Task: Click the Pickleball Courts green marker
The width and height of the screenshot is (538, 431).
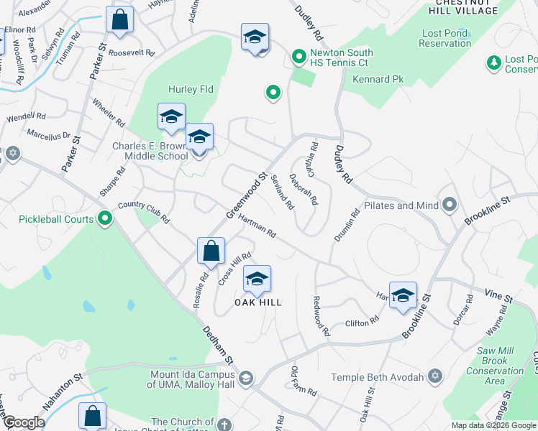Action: tap(106, 218)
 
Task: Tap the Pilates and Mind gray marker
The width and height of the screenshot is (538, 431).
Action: tap(450, 206)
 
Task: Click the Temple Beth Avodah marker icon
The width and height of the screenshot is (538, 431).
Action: tap(434, 376)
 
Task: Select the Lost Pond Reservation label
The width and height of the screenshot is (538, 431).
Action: tap(446, 38)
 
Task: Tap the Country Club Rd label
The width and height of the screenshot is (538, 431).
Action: tap(143, 211)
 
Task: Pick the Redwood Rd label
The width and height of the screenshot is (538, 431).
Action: tap(321, 316)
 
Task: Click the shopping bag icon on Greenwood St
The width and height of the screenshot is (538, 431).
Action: tap(211, 251)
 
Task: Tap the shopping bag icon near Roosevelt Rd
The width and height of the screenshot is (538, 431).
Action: tap(120, 19)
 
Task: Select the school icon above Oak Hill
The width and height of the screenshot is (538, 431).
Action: tap(257, 279)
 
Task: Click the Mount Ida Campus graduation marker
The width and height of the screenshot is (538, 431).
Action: tap(246, 377)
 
